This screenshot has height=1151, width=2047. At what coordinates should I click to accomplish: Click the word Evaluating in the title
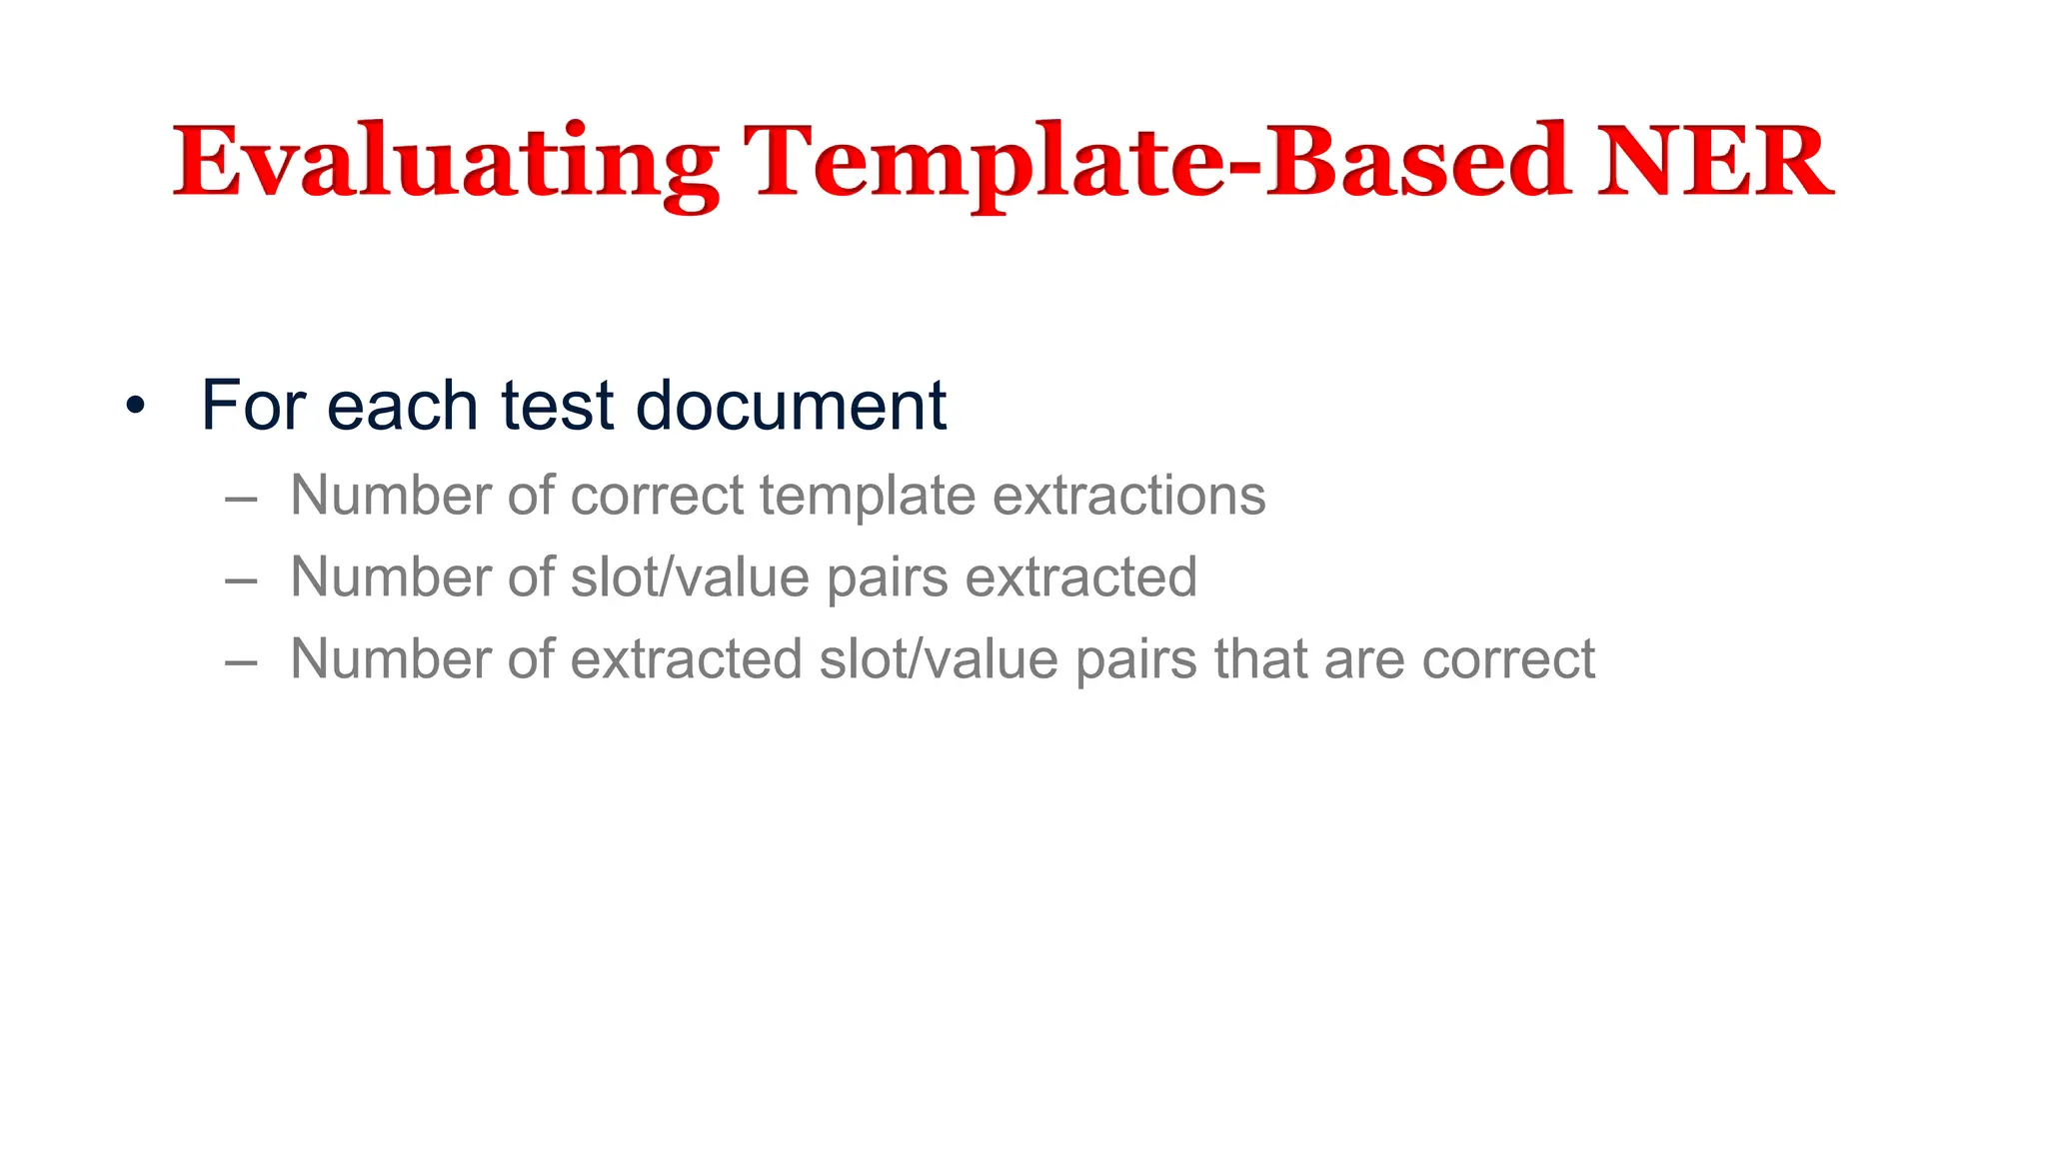pyautogui.click(x=446, y=163)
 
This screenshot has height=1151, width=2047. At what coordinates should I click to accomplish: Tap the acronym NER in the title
pyautogui.click(x=1715, y=163)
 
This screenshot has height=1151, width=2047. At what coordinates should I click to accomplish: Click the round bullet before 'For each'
pyautogui.click(x=135, y=407)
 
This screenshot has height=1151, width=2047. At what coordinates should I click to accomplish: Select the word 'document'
pyautogui.click(x=791, y=406)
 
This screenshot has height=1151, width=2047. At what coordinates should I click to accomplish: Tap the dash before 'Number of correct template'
pyautogui.click(x=242, y=497)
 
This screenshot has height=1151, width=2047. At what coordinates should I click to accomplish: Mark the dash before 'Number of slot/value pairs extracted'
pyautogui.click(x=242, y=578)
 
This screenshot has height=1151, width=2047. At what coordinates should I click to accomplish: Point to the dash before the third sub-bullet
pyautogui.click(x=242, y=660)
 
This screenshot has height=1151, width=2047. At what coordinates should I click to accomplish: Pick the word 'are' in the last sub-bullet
pyautogui.click(x=1364, y=661)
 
